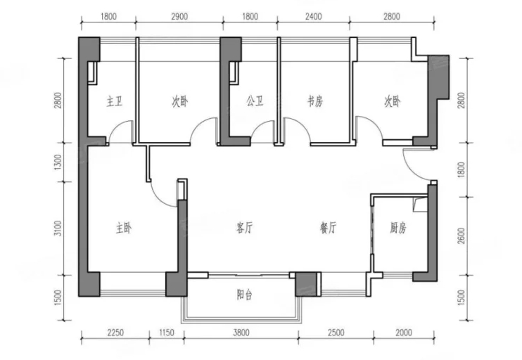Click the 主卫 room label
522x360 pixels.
(115, 101)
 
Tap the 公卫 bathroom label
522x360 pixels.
(255, 101)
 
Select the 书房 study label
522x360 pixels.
(315, 101)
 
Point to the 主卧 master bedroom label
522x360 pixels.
(124, 229)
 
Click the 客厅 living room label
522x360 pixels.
(245, 229)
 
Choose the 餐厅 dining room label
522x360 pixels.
(328, 229)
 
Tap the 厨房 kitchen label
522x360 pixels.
(398, 229)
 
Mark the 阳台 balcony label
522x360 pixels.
(245, 295)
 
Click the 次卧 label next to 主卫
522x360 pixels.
(180, 101)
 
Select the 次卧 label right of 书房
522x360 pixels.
(392, 101)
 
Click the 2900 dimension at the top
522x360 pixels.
(179, 16)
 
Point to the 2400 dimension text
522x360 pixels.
(314, 16)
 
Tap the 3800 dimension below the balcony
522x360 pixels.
(241, 333)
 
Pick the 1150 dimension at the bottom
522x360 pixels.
(167, 333)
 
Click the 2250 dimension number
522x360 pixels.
(115, 333)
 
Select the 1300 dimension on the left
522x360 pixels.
(58, 162)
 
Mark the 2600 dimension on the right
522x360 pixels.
(461, 236)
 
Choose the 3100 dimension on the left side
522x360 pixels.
(58, 229)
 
